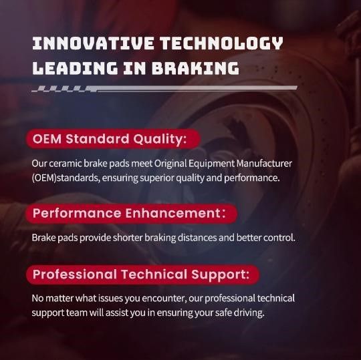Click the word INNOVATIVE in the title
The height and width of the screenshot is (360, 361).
(93, 43)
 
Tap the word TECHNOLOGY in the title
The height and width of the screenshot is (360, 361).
(221, 43)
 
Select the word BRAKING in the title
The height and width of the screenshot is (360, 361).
(195, 68)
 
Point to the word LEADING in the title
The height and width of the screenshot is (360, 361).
(75, 68)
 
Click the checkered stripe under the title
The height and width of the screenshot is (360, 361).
(164, 89)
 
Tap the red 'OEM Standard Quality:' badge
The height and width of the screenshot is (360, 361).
(113, 139)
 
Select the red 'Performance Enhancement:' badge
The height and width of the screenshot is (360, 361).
(132, 213)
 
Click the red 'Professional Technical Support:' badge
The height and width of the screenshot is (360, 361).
(143, 275)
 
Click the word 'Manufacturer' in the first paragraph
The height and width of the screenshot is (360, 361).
(264, 164)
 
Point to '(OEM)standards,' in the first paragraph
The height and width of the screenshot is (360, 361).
(66, 178)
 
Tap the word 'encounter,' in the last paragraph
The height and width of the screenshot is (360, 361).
(164, 299)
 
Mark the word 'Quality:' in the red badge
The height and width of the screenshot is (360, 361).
(160, 140)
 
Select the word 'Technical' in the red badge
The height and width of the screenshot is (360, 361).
(154, 275)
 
